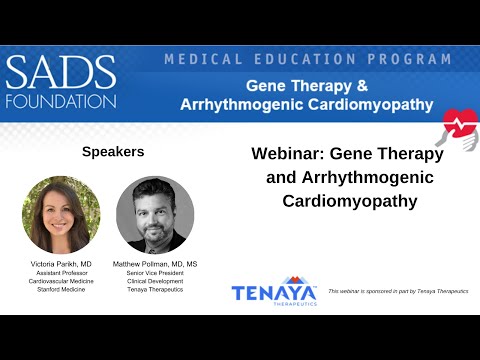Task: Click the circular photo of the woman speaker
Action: point(61,214)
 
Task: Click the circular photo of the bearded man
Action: point(155,214)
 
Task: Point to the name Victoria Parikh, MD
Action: point(61,263)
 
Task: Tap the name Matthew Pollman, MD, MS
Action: point(155,263)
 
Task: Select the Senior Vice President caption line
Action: point(155,273)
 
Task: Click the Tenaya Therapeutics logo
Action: point(273,292)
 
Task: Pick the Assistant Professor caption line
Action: point(61,273)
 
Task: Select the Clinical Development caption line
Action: point(155,283)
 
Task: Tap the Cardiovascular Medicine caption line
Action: point(61,283)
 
